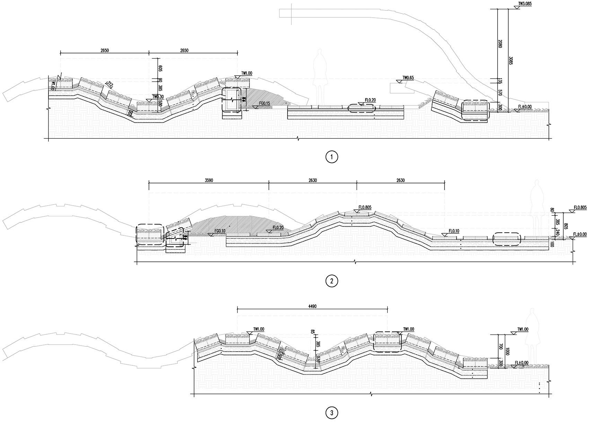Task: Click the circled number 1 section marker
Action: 332,157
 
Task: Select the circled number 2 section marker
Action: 332,281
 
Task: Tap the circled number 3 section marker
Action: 332,413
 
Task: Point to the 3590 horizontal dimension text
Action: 209,180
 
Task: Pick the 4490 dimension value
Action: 312,306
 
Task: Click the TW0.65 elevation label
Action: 408,78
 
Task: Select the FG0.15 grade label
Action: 265,104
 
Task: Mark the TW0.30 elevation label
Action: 158,97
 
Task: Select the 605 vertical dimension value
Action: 160,69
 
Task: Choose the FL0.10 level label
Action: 454,231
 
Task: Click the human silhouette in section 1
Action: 320,71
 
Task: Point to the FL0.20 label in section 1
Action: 370,100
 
